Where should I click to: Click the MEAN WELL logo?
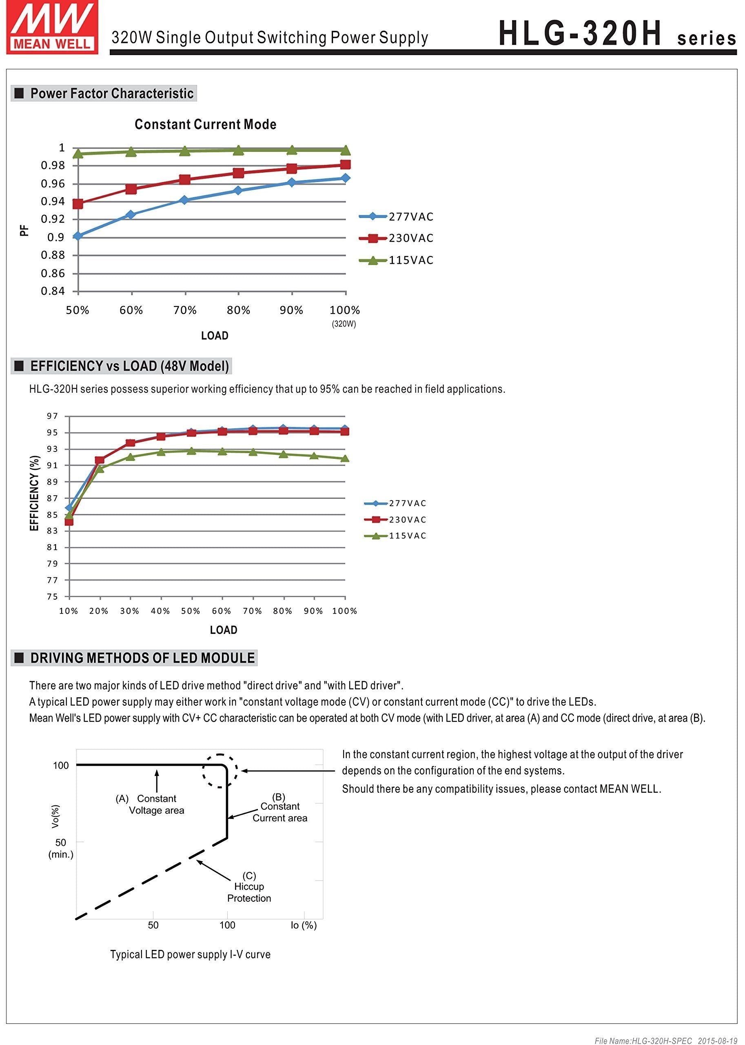[x=52, y=27]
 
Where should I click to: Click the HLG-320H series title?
[x=616, y=34]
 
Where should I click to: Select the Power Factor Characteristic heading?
[x=111, y=93]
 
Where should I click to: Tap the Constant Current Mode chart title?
[x=205, y=125]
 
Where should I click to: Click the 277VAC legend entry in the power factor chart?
[x=396, y=217]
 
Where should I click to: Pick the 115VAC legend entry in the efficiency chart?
[x=395, y=536]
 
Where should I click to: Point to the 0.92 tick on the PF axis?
[x=53, y=219]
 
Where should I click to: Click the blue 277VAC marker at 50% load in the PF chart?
[x=78, y=236]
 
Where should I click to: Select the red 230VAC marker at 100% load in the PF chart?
[x=346, y=165]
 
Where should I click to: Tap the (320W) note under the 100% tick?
[x=344, y=324]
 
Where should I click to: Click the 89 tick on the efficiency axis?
[x=52, y=482]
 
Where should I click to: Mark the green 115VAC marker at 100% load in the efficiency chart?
[x=345, y=458]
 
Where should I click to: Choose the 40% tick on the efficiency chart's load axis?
[x=160, y=611]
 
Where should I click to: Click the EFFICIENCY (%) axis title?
[x=34, y=494]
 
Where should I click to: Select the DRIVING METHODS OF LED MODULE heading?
[x=142, y=658]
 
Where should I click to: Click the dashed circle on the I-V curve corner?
[x=220, y=771]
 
